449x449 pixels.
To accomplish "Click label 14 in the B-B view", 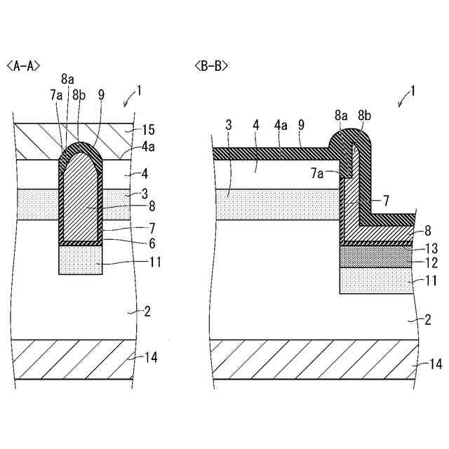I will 436,364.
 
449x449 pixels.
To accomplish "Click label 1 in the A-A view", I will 139,90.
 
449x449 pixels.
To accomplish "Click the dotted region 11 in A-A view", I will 79,260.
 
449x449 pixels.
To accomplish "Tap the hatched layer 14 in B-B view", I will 309,359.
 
